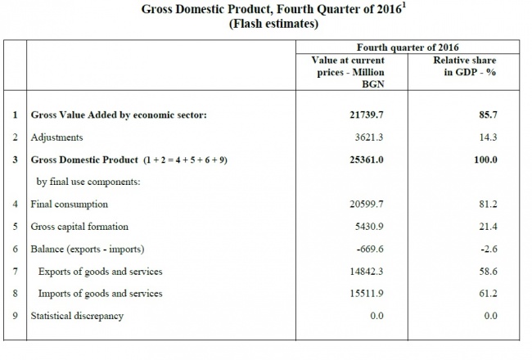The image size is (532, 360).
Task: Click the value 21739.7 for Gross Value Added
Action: (x=367, y=115)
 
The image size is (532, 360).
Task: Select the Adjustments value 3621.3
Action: (x=369, y=137)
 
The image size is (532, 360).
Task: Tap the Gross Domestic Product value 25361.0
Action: (x=367, y=160)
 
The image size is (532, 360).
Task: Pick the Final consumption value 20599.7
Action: (x=367, y=204)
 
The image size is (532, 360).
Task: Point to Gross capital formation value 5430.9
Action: (x=369, y=227)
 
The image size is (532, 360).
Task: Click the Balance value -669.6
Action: (x=370, y=249)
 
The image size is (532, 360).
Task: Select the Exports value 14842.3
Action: (x=367, y=272)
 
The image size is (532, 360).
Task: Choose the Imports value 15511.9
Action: (x=367, y=293)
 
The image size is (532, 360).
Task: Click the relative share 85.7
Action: (x=489, y=115)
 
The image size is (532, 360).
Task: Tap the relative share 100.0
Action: (x=485, y=160)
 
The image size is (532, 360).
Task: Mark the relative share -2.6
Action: (x=489, y=249)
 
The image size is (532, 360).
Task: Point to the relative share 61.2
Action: (x=489, y=293)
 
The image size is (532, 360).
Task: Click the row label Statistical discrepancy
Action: (x=77, y=316)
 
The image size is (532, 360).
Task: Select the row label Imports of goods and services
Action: (x=100, y=294)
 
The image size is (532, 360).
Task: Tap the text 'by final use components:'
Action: (x=88, y=182)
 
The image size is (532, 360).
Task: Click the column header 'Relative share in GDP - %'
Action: (x=465, y=66)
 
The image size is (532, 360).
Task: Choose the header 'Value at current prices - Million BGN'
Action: (x=348, y=72)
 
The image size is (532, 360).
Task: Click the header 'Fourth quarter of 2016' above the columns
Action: (x=408, y=47)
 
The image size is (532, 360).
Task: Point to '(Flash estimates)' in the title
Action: (x=273, y=24)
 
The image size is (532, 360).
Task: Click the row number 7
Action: (x=16, y=272)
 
